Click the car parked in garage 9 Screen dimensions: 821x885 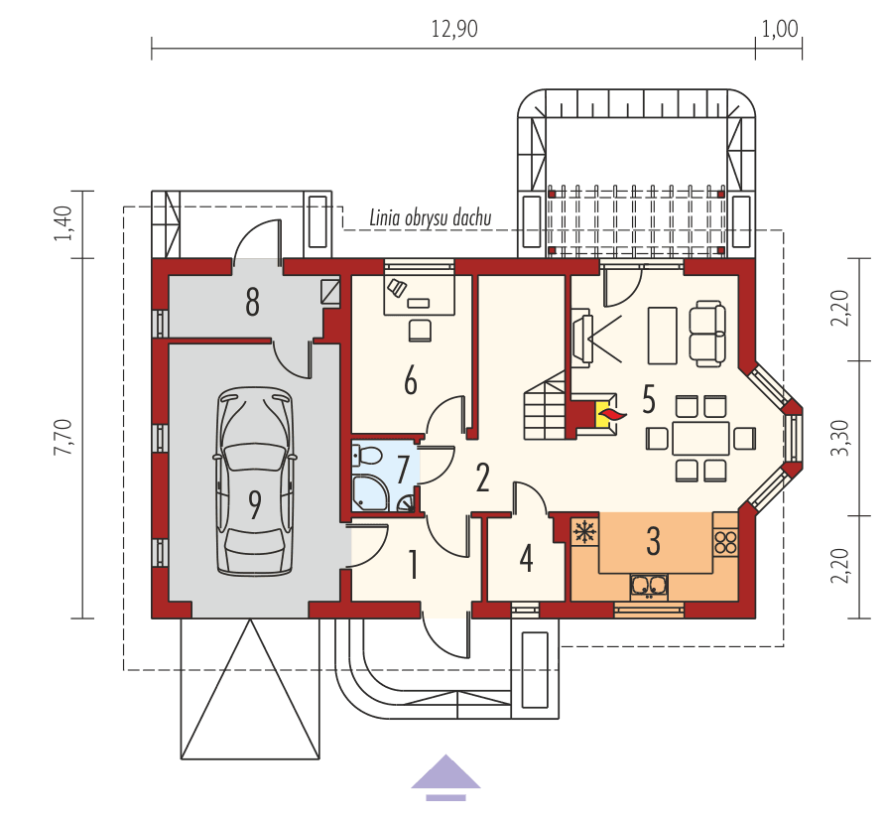click(256, 481)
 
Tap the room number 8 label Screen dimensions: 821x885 click(252, 302)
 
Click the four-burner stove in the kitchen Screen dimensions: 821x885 click(725, 542)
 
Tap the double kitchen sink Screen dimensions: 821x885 click(651, 586)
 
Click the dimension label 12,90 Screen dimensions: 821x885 click(454, 29)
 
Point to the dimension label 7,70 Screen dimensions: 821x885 click(62, 437)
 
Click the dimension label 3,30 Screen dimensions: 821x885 click(841, 438)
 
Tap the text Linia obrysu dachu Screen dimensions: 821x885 click(431, 216)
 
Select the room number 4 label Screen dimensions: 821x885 click(526, 558)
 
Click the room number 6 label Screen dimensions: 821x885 click(409, 380)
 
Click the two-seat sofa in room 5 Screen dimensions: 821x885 click(707, 332)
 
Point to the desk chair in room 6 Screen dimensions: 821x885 click(421, 329)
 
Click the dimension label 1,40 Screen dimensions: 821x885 click(63, 224)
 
